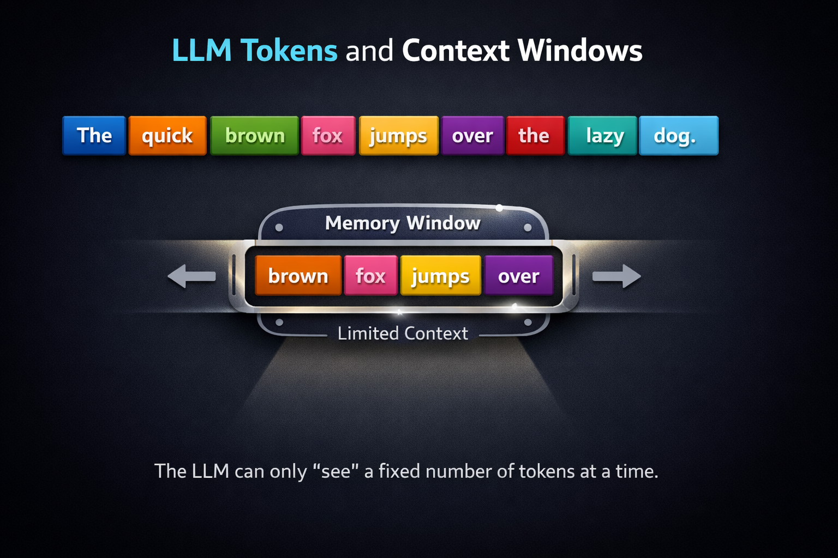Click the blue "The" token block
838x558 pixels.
94,136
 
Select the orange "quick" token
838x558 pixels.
167,136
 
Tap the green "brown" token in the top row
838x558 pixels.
255,136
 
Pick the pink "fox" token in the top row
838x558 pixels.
328,136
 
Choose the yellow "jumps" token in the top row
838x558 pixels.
398,136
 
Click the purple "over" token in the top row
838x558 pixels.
472,136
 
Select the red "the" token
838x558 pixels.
535,136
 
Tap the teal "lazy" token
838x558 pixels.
602,136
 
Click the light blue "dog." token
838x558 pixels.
678,136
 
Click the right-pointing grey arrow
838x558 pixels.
617,276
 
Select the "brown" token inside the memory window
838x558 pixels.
298,276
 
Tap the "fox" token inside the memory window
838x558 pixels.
371,276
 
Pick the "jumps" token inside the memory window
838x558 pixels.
441,276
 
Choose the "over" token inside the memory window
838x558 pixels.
519,276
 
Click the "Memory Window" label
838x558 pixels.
403,223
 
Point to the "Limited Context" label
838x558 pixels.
403,333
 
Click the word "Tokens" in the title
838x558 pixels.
289,51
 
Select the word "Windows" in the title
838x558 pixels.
580,51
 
